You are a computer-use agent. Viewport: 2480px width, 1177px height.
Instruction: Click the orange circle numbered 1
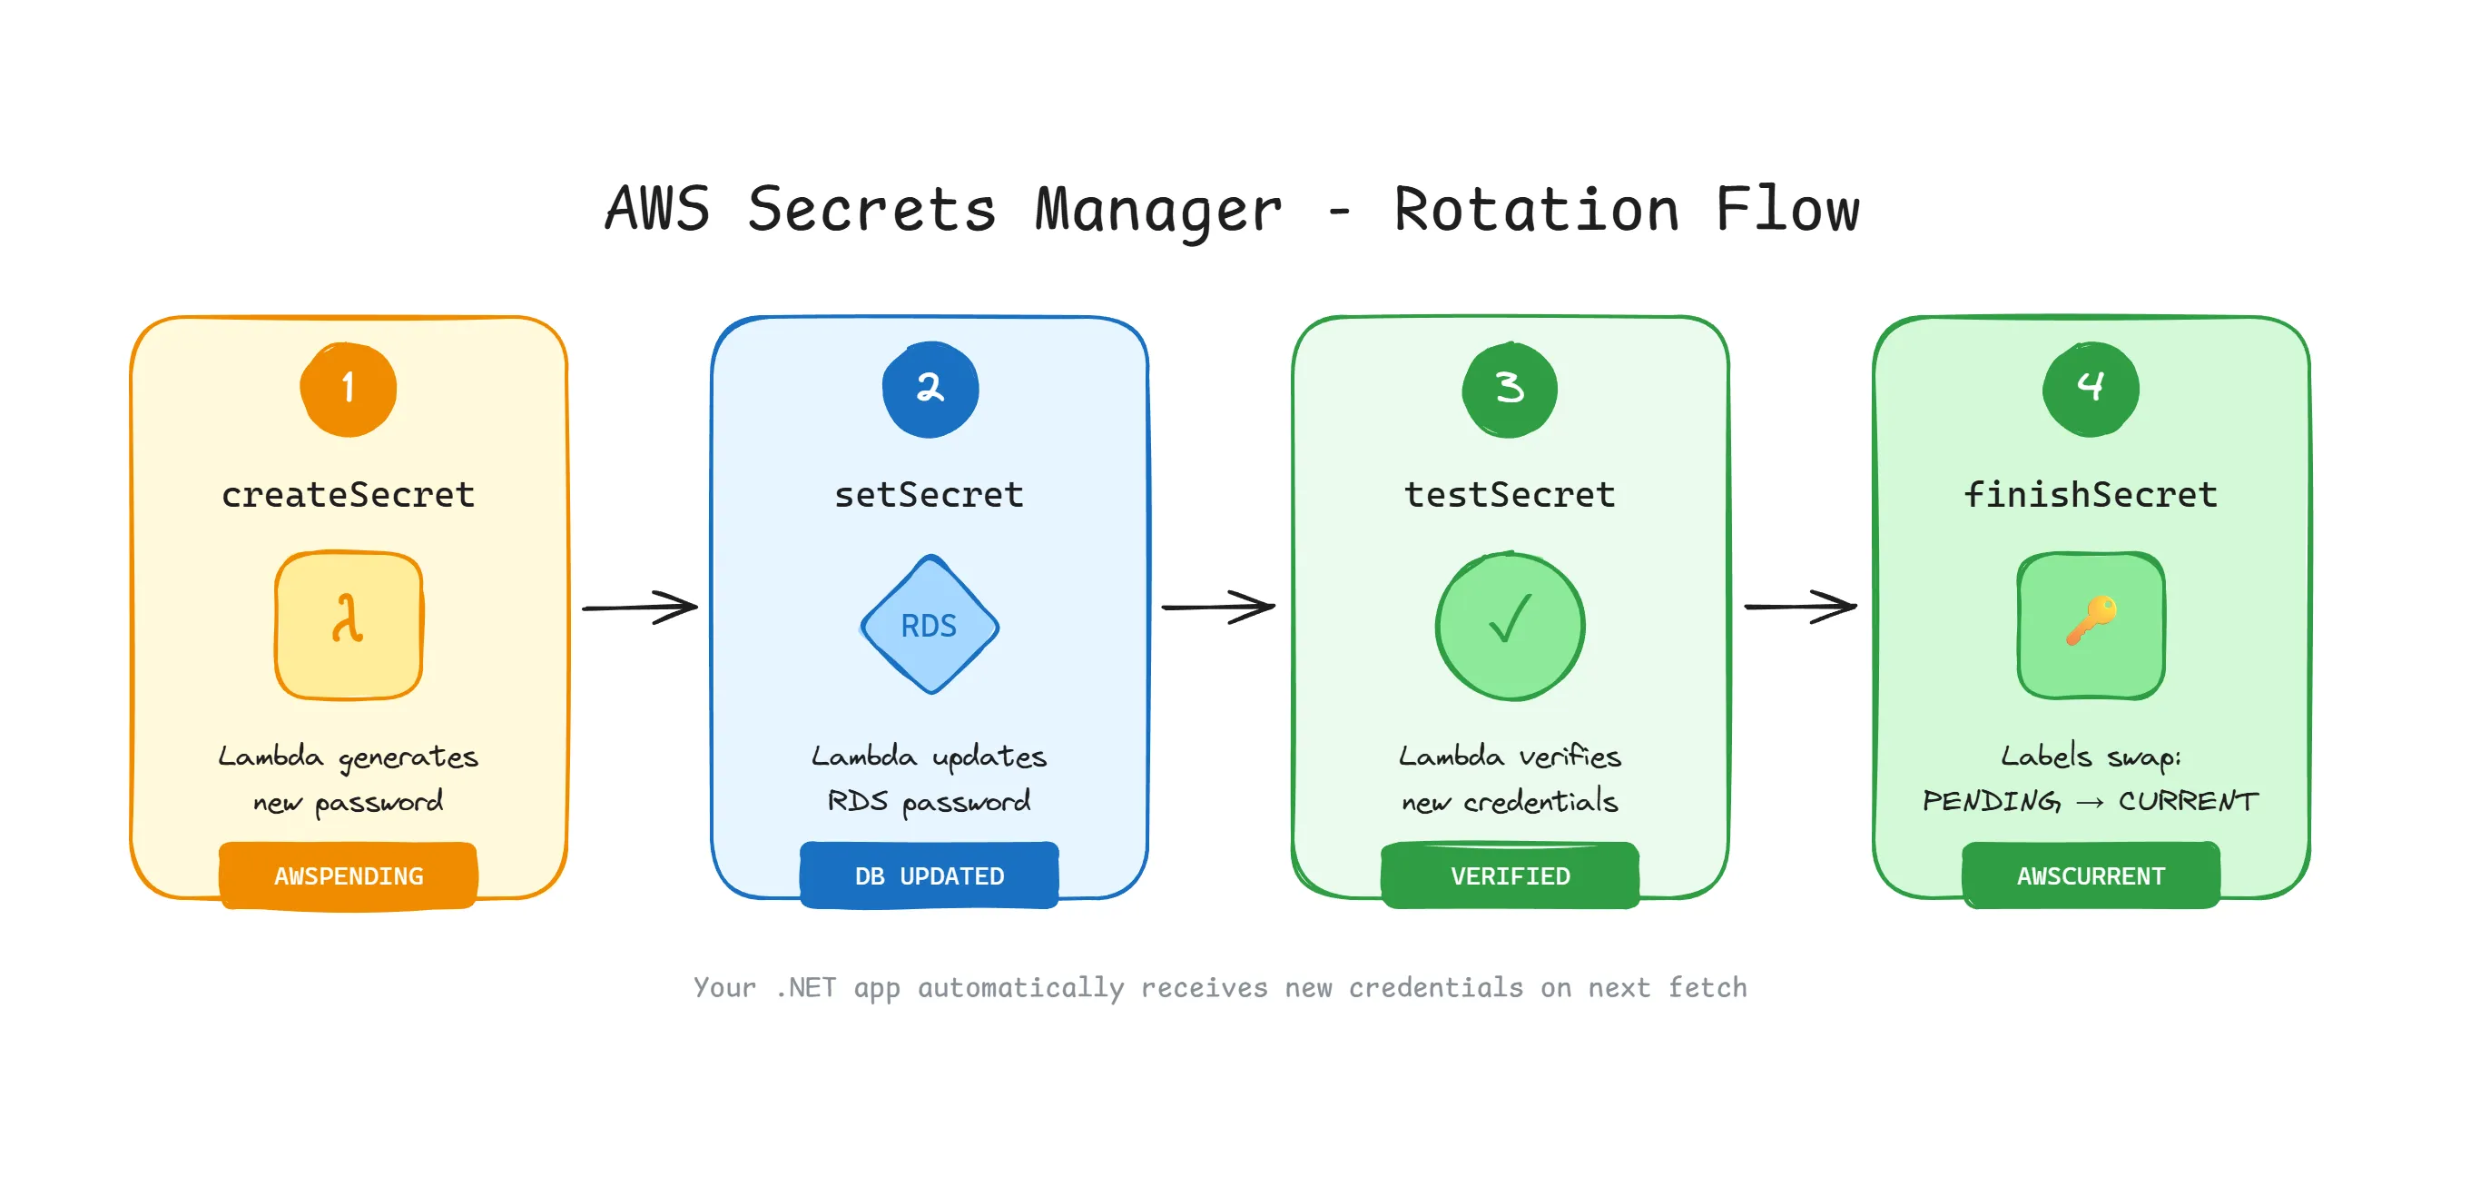click(349, 389)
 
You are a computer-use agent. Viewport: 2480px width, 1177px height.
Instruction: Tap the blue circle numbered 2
click(930, 389)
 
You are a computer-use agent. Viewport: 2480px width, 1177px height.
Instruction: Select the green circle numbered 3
click(1510, 389)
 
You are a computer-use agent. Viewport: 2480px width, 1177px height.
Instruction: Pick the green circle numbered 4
click(2090, 389)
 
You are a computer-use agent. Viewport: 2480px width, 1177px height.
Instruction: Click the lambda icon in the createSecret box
click(349, 624)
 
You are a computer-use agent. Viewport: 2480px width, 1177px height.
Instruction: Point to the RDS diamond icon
click(929, 625)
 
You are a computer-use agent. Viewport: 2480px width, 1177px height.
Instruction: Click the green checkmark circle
click(1510, 625)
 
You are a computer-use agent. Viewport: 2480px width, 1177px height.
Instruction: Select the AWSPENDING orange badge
click(349, 875)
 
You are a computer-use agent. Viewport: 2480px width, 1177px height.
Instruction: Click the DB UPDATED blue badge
click(929, 875)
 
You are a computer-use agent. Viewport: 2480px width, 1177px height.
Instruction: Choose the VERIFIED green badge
click(1510, 875)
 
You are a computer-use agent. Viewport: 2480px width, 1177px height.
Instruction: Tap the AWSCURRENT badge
click(2090, 875)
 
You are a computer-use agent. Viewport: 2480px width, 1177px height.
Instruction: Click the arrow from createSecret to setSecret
click(639, 607)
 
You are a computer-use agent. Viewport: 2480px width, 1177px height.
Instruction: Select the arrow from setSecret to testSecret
click(1219, 607)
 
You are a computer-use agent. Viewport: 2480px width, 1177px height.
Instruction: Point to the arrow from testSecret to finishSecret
click(1800, 607)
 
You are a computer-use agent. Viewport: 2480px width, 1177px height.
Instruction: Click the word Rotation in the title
click(1537, 209)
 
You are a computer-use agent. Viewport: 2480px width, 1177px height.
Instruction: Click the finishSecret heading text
click(2090, 494)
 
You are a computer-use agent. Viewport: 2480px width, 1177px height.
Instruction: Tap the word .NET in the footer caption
click(806, 987)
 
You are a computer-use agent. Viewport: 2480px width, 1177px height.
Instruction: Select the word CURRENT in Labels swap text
click(2188, 800)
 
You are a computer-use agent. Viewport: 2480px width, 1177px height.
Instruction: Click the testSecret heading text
click(1510, 494)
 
